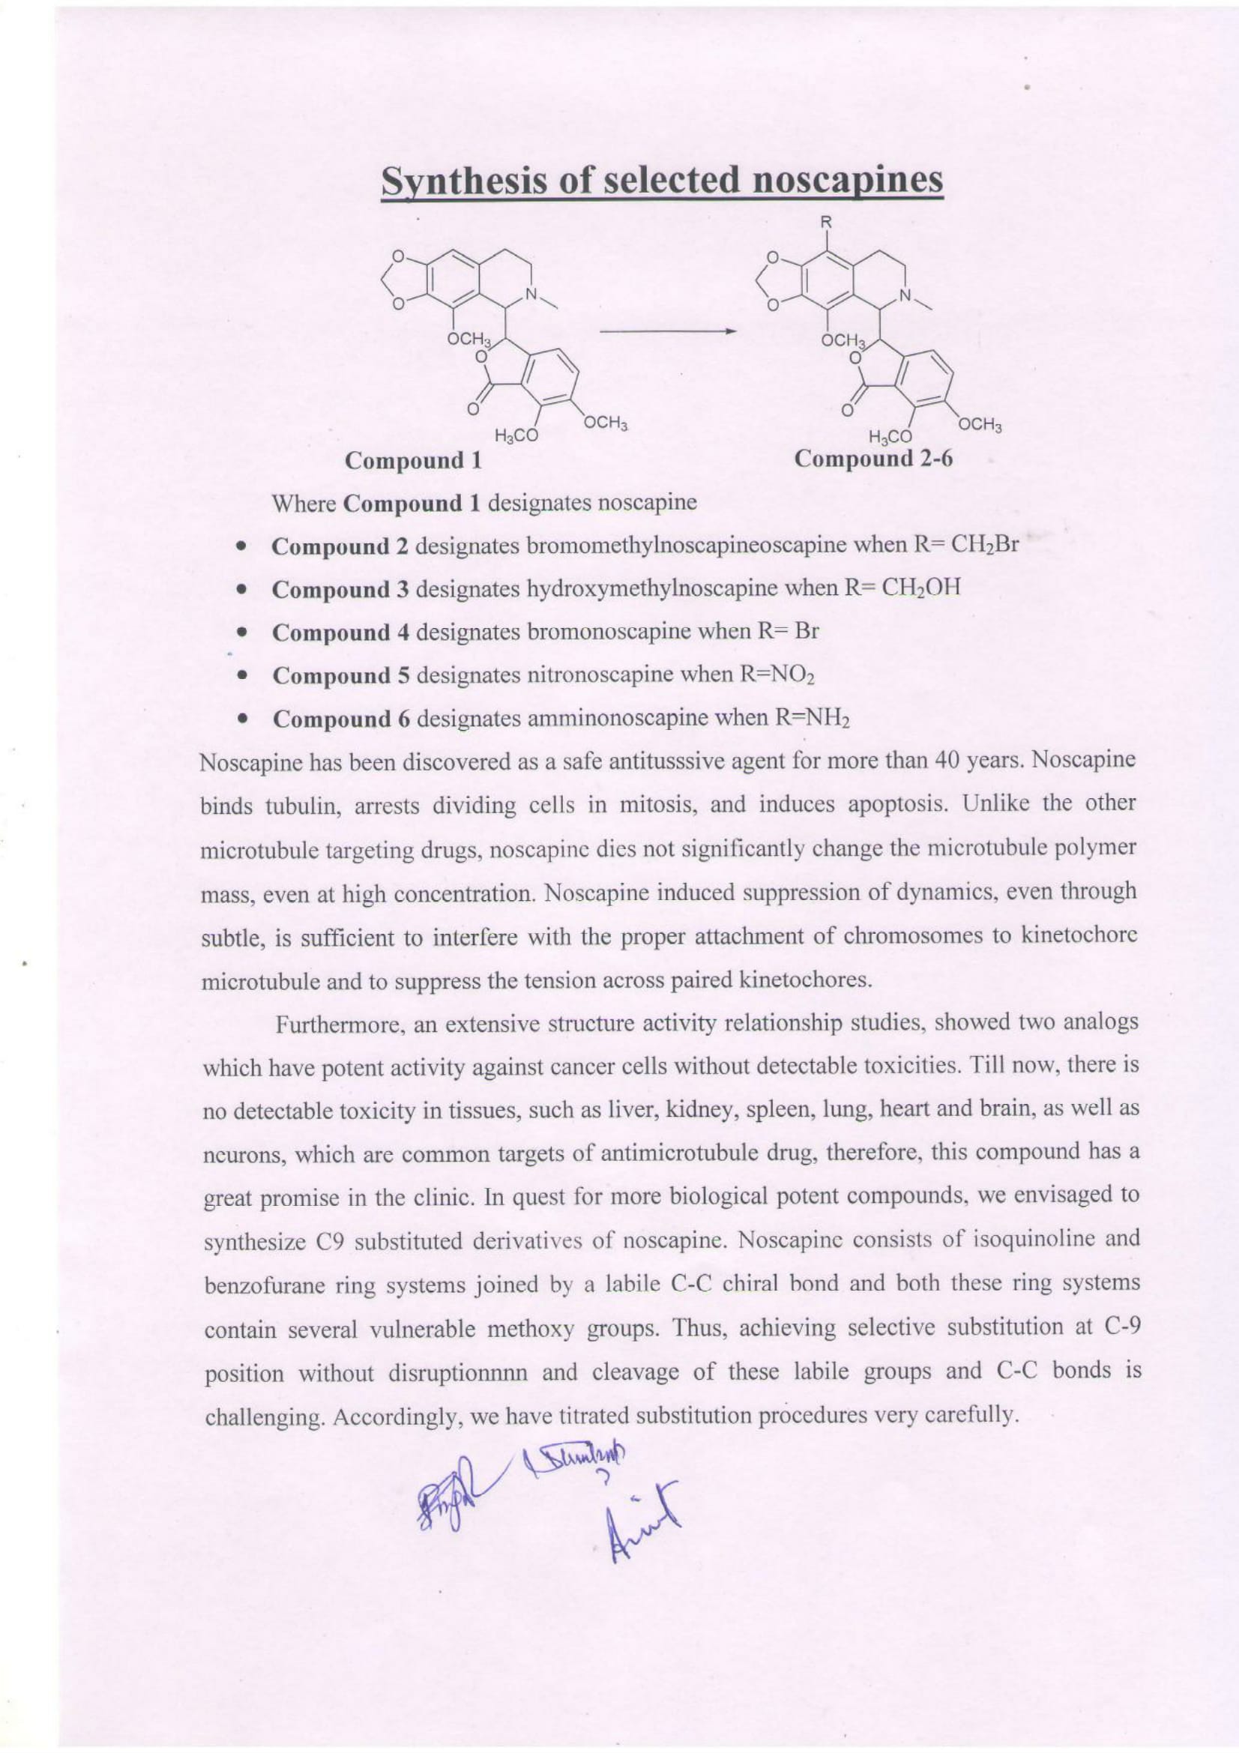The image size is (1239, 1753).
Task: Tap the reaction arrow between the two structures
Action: point(667,331)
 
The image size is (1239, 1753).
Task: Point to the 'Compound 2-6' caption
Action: point(874,459)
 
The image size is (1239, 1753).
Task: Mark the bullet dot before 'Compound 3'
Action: point(241,590)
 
